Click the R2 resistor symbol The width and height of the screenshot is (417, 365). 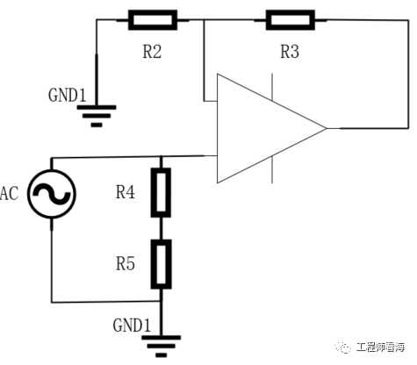click(153, 18)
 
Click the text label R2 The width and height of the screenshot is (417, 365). click(152, 51)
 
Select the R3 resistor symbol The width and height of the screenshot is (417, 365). click(289, 18)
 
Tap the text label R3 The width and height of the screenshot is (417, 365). click(289, 51)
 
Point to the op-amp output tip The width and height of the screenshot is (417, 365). click(326, 129)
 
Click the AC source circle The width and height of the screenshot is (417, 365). click(51, 195)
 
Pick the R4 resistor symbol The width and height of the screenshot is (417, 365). click(161, 194)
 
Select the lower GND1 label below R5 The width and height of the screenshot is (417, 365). click(133, 324)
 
